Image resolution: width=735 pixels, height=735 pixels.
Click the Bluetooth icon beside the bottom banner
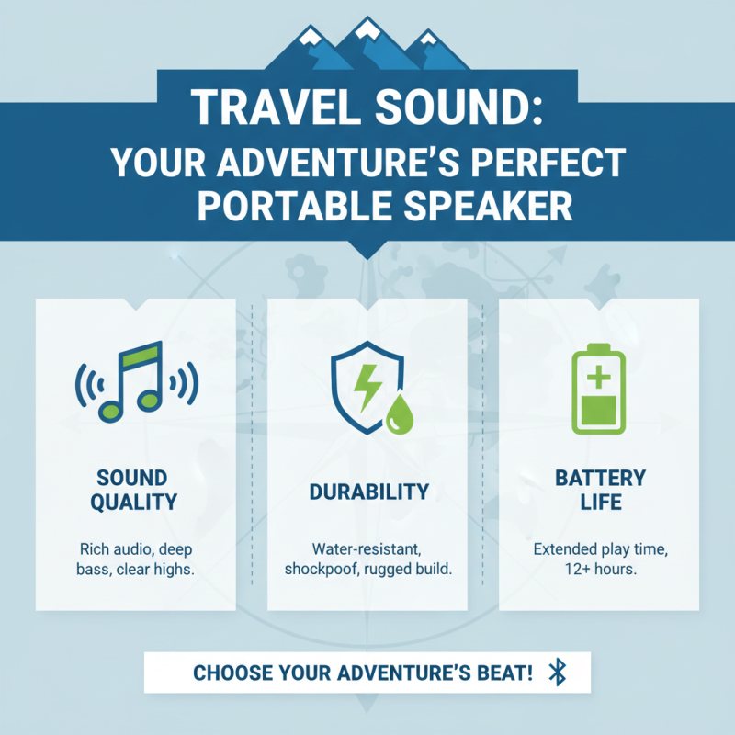[556, 673]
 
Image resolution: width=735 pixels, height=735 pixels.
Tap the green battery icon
[599, 390]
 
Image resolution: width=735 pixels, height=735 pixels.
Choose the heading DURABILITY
[367, 492]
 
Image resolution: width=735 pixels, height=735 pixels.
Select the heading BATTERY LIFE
[600, 490]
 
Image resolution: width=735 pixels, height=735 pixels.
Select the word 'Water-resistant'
[367, 549]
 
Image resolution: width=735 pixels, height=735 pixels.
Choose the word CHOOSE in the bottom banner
[230, 673]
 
